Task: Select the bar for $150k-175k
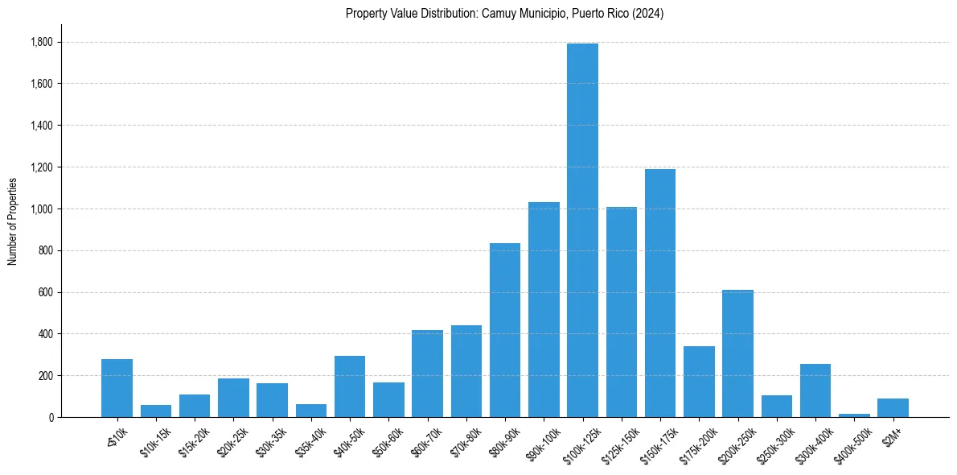tap(660, 293)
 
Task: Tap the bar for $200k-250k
tap(737, 353)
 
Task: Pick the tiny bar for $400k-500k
tap(854, 415)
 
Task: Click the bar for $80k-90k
tap(505, 330)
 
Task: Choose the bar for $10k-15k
tap(156, 411)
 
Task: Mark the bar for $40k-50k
tap(350, 386)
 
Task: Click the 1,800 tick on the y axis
tap(41, 42)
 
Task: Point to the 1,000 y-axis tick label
tap(41, 209)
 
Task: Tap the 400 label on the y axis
tap(45, 334)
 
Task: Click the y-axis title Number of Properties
tap(12, 221)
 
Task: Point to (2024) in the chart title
tap(649, 14)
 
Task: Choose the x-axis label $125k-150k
tap(618, 440)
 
